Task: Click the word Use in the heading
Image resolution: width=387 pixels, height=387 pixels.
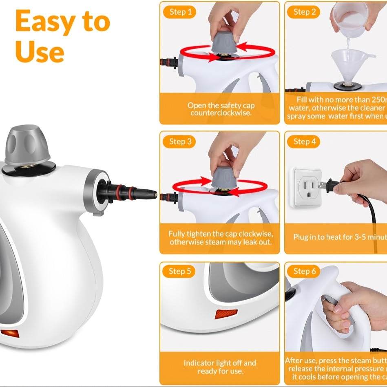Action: [40, 52]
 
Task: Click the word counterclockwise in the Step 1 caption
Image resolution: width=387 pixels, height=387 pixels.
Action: [221, 113]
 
